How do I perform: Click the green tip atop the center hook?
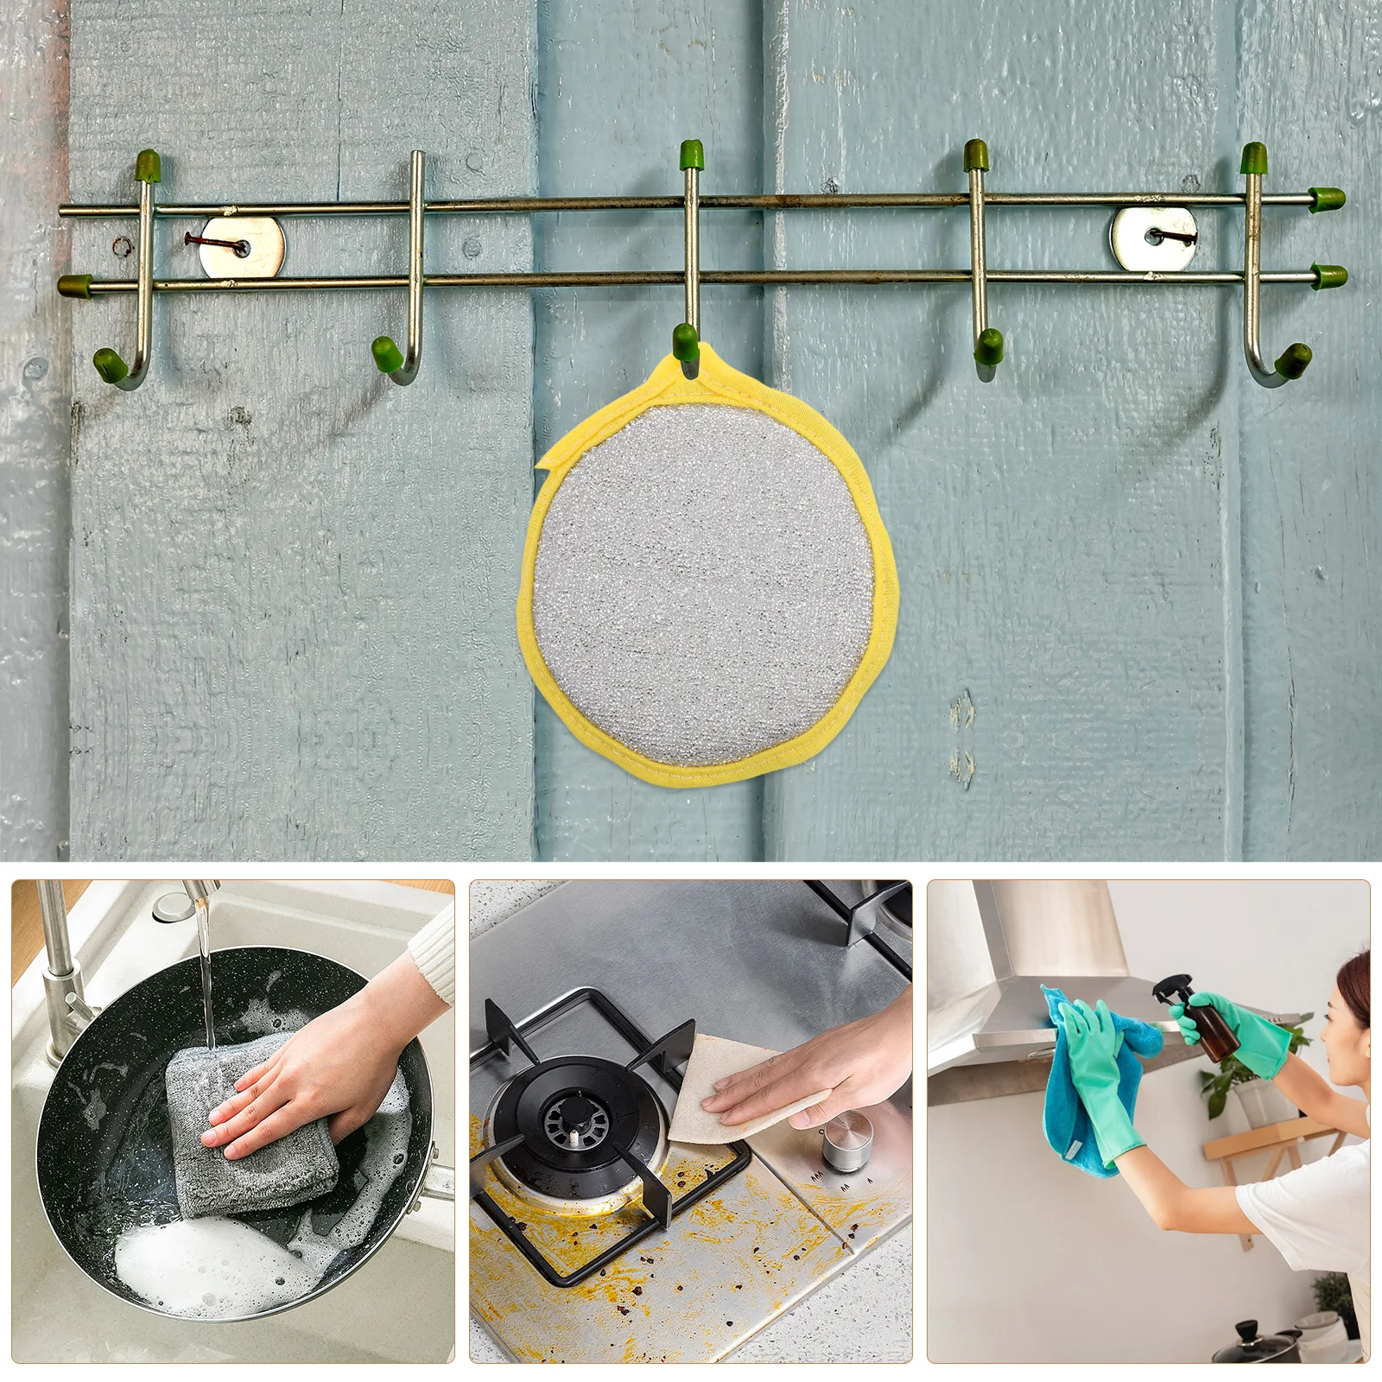(x=690, y=155)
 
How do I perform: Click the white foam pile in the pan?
(x=199, y=1261)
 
